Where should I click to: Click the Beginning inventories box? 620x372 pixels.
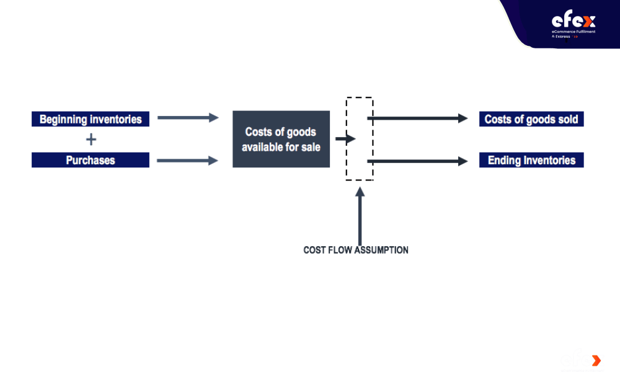[x=91, y=119]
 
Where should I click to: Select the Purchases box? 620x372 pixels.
[x=91, y=160]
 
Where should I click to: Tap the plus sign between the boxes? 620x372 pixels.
[x=91, y=139]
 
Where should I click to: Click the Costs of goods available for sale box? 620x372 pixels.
[x=281, y=139]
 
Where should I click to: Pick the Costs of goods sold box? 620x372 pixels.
[x=531, y=119]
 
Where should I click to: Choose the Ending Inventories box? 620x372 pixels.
[x=531, y=160]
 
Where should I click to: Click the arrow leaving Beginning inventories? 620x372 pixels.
[x=188, y=117]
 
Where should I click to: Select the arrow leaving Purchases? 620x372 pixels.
[x=188, y=161]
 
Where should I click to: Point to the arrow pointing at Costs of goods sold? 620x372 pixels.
[x=417, y=118]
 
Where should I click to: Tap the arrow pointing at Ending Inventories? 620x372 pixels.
[x=417, y=161]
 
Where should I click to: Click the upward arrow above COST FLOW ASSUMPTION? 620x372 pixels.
[x=360, y=216]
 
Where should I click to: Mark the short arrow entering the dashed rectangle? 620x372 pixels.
[x=345, y=139]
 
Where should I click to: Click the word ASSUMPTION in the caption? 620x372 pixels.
[x=381, y=250]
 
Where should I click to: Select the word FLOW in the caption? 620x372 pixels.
[x=340, y=250]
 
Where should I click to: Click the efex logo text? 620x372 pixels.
[x=573, y=20]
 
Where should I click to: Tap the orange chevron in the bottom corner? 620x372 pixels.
[x=596, y=361]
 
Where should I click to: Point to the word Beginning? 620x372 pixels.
[x=63, y=120]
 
